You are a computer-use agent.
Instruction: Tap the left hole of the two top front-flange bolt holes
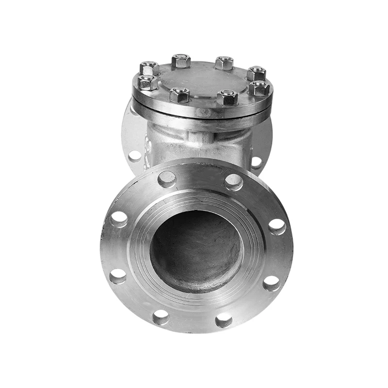(x=166, y=179)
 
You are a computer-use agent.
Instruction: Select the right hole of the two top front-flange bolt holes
(x=234, y=182)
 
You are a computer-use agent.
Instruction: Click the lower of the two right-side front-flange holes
(x=271, y=283)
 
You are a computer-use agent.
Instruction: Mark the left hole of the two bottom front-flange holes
(x=161, y=317)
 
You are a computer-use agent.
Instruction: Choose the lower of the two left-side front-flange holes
(x=118, y=276)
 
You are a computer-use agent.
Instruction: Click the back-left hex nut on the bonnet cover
(x=181, y=61)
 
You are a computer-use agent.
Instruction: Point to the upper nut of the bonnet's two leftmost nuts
(x=149, y=68)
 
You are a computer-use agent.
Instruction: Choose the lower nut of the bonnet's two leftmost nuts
(x=147, y=82)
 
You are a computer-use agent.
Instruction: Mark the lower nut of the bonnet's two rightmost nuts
(x=259, y=88)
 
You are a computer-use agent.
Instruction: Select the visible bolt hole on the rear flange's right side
(x=257, y=162)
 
